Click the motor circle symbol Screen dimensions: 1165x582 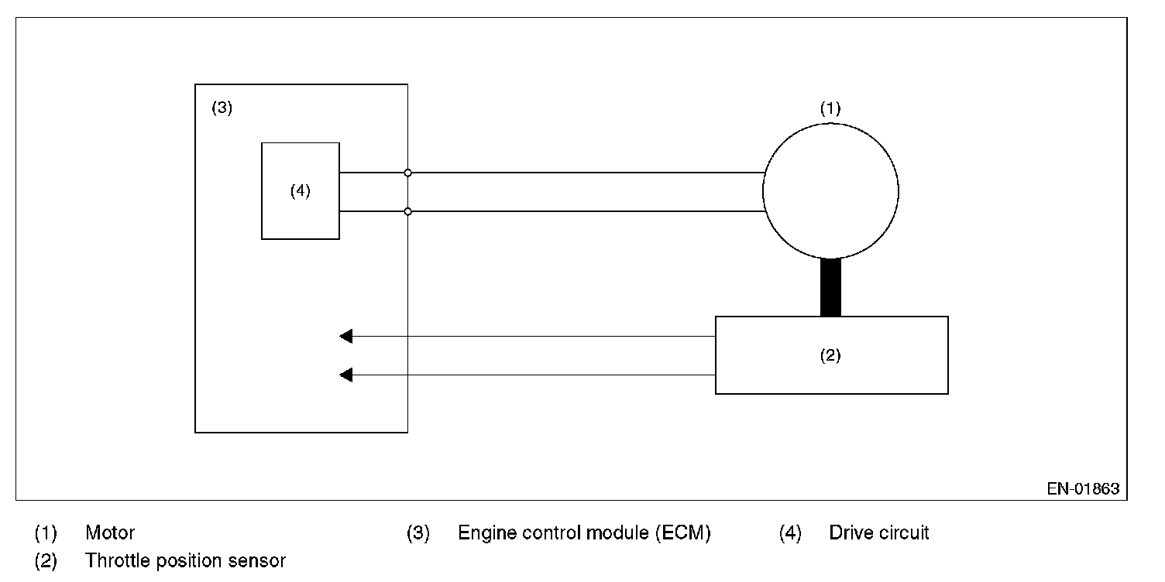(763, 191)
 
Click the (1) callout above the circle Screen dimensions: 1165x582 (830, 108)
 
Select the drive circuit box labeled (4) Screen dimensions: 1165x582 (262, 190)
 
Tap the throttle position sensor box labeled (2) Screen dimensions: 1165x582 (716, 355)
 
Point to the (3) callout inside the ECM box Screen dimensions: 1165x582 (222, 108)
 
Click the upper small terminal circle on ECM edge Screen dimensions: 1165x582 (407, 173)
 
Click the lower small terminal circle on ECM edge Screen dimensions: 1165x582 (407, 211)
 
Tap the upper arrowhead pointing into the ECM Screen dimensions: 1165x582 (345, 336)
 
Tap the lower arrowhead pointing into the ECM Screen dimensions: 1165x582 (345, 375)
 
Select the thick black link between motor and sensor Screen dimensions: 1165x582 (830, 287)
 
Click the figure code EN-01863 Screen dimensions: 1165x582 (1083, 488)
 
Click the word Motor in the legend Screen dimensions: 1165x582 (110, 532)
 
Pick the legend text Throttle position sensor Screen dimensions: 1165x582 (185, 560)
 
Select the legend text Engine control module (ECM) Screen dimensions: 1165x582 (584, 533)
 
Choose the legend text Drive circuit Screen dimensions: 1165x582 (879, 532)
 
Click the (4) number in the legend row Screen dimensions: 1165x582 (790, 533)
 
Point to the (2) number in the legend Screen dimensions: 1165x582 (46, 561)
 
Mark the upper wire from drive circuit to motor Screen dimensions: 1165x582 (552, 173)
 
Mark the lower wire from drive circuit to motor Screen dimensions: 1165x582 (552, 211)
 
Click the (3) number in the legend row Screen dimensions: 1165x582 (418, 533)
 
